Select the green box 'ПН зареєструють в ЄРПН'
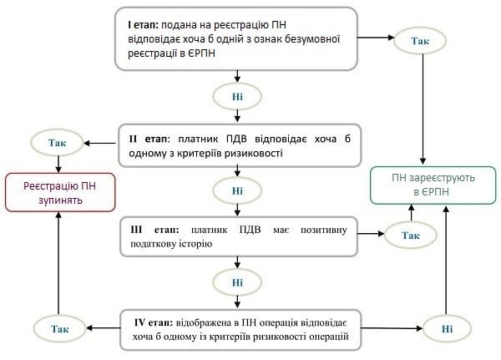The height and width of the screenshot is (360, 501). pos(426,185)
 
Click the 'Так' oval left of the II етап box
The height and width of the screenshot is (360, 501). pos(57,143)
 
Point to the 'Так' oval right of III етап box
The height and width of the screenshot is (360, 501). pos(410,236)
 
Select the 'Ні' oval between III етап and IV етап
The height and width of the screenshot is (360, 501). pos(239,281)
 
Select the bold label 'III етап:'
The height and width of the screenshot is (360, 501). pos(154,228)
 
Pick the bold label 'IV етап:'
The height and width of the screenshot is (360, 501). pos(154,322)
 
